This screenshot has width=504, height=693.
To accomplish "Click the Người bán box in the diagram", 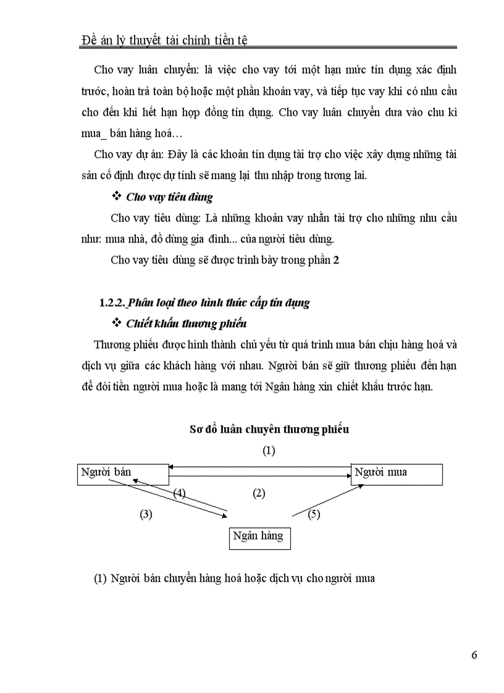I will click(122, 474).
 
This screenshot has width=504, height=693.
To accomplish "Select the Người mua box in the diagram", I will click(397, 474).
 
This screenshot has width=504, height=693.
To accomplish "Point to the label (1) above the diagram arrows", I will click(268, 450).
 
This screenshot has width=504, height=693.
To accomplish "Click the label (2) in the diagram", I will click(259, 492).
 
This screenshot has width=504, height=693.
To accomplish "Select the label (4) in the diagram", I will click(180, 492).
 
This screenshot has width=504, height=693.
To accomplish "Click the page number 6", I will click(474, 655).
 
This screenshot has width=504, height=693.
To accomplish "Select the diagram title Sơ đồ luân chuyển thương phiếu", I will click(269, 429).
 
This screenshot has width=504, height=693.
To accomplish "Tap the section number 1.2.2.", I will click(112, 303).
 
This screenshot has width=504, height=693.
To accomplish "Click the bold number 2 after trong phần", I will click(336, 260).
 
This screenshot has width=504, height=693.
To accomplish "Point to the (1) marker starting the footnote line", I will click(101, 579).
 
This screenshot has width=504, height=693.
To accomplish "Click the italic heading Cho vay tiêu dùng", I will click(169, 197).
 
